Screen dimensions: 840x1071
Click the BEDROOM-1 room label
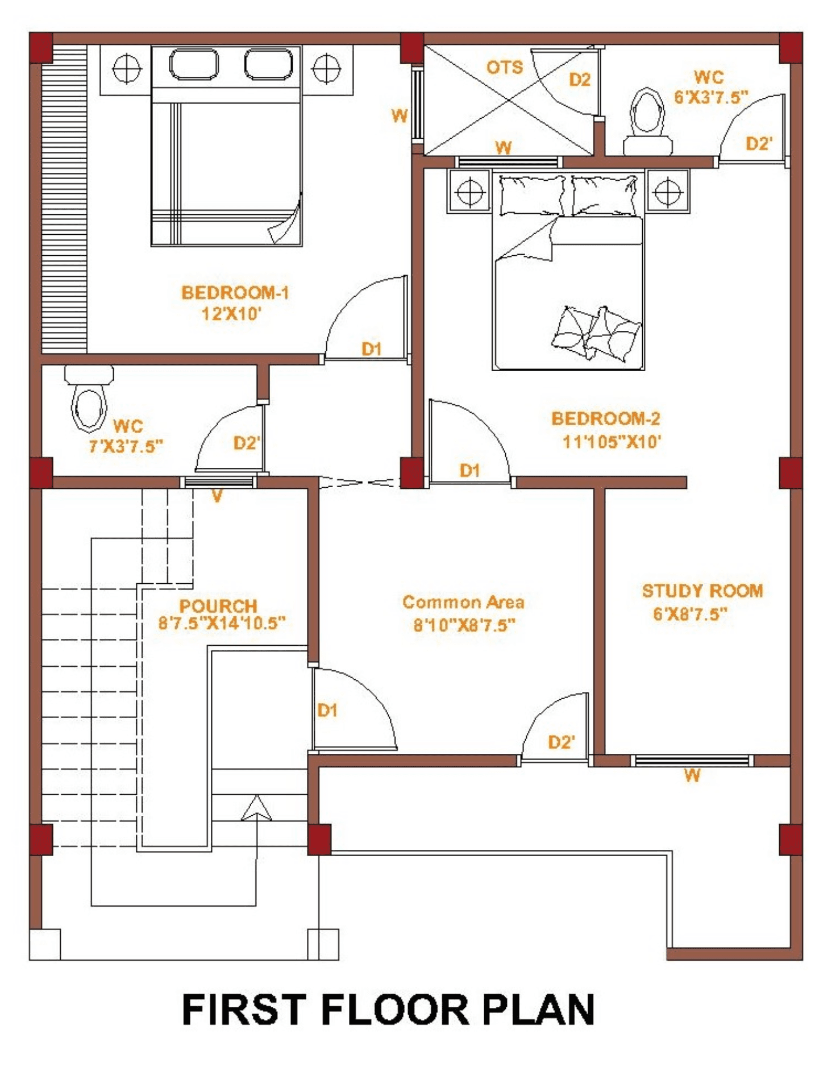(x=235, y=293)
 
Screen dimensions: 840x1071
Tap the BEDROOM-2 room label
(x=606, y=419)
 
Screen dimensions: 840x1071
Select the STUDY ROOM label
(x=702, y=591)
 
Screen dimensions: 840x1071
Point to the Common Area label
(x=463, y=602)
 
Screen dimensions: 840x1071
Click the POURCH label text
(x=218, y=606)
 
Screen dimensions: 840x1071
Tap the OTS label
(x=504, y=68)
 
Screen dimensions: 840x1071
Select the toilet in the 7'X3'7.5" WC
(x=89, y=399)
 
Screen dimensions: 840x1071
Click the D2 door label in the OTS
(x=580, y=80)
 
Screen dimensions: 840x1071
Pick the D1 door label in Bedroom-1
(x=372, y=348)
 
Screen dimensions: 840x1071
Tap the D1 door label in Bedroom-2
(x=470, y=470)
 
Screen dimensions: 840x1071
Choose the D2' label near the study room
(x=562, y=742)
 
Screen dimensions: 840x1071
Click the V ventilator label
(x=217, y=496)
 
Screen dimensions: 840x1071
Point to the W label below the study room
(x=692, y=775)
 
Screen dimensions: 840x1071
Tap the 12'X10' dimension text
(x=231, y=314)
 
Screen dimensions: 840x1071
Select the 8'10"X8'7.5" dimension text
(x=464, y=625)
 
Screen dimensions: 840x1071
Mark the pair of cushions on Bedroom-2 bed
(x=597, y=333)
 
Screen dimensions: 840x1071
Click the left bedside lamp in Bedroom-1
(x=126, y=69)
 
